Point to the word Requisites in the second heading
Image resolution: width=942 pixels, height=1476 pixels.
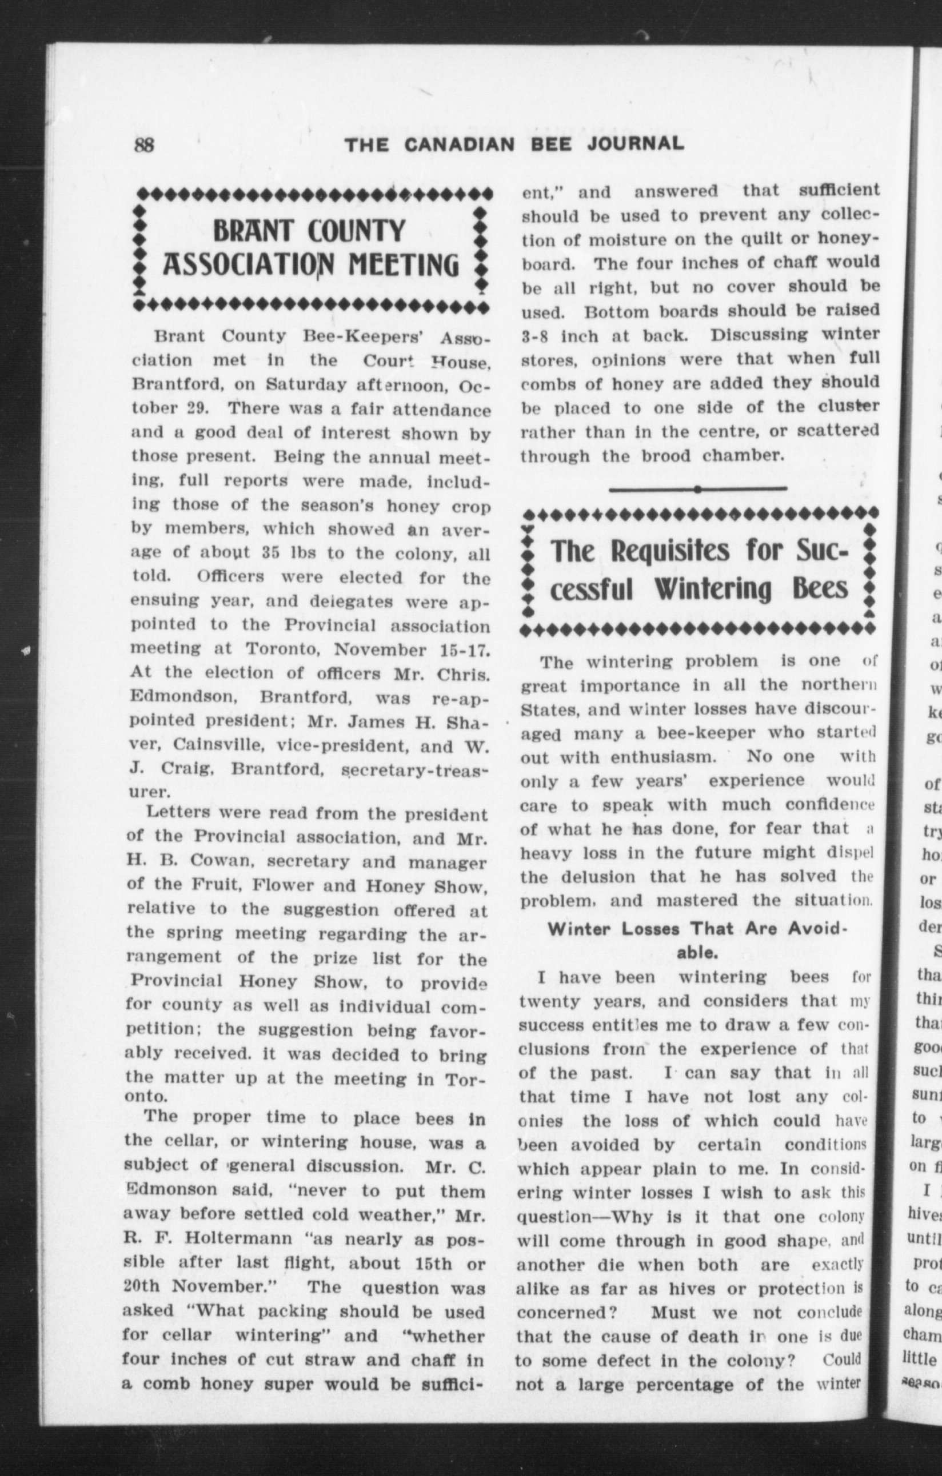click(673, 552)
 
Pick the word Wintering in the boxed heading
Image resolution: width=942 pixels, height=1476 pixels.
click(712, 589)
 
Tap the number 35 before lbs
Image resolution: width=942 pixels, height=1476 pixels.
click(272, 552)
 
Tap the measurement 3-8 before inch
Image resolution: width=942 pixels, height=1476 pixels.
click(536, 336)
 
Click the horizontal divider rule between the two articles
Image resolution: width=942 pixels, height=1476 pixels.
click(698, 488)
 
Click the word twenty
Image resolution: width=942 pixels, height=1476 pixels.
click(549, 1001)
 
